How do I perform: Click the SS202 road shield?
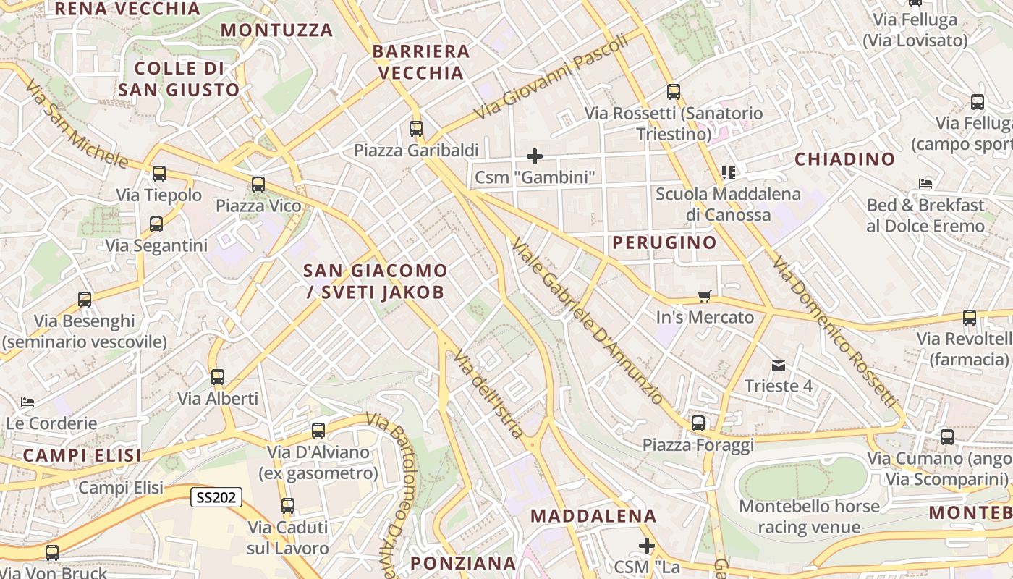click(216, 497)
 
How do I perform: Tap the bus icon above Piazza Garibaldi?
click(416, 129)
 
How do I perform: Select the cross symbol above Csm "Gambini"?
click(535, 156)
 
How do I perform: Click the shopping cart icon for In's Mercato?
click(705, 296)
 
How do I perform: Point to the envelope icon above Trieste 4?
click(779, 365)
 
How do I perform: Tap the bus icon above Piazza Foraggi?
click(698, 423)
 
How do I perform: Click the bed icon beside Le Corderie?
click(27, 402)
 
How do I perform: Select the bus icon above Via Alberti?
click(218, 377)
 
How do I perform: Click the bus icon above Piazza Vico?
click(258, 185)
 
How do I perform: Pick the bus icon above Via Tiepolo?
click(159, 174)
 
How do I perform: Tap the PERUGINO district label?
click(664, 242)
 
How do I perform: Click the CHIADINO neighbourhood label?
click(844, 159)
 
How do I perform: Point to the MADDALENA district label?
click(593, 516)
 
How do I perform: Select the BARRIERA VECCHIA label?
click(421, 62)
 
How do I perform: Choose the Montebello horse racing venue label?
click(809, 516)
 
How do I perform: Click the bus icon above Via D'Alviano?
click(318, 431)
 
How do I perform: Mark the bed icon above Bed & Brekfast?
click(925, 184)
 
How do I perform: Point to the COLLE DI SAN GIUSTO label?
click(178, 79)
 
